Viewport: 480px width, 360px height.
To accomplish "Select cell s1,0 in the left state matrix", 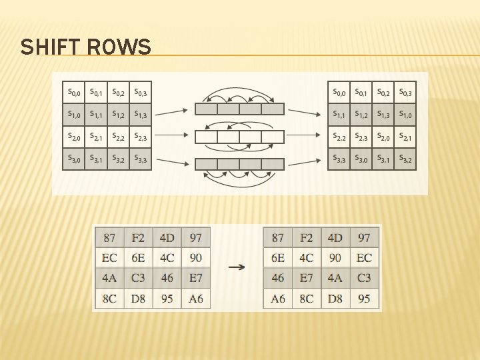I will coord(74,115).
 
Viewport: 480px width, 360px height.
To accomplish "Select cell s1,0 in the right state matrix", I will coord(405,115).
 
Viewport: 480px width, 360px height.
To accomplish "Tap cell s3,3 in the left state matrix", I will coord(141,159).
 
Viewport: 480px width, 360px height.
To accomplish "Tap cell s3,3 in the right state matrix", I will coord(339,159).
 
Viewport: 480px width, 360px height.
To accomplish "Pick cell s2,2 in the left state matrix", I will coord(119,137).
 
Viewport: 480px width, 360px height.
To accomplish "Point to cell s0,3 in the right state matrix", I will coord(405,92).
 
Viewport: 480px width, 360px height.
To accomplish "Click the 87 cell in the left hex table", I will coord(109,237).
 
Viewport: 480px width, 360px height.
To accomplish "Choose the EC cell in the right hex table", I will coord(364,258).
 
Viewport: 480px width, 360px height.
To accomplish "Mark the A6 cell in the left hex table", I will coord(196,299).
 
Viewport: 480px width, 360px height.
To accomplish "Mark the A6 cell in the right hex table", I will coord(278,299).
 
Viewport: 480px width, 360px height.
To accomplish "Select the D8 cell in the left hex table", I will coord(138,299).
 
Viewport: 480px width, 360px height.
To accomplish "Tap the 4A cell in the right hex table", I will coord(335,278).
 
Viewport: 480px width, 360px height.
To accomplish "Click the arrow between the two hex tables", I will coord(237,267).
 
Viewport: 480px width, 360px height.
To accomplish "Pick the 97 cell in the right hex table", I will coord(364,237).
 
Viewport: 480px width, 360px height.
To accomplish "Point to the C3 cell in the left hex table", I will coord(138,278).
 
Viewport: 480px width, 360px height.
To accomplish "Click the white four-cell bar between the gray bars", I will coord(239,137).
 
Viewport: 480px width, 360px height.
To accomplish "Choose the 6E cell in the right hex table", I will coord(278,258).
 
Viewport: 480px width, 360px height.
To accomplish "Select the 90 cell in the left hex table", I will coord(196,258).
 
